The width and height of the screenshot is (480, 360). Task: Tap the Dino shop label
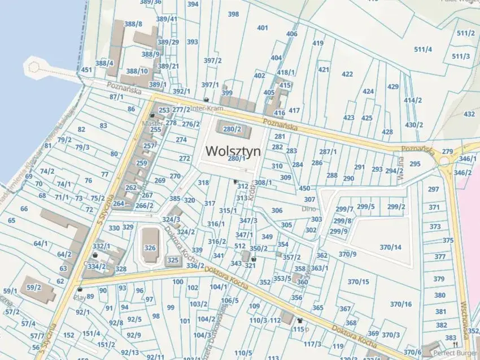click(308, 209)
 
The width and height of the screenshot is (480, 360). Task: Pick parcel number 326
click(150, 248)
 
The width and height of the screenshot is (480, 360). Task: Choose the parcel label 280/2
click(232, 129)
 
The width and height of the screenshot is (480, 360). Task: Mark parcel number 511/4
click(422, 49)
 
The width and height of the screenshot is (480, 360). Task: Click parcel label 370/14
click(390, 247)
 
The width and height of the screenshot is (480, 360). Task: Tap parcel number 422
click(347, 74)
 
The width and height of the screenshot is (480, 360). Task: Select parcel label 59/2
click(34, 287)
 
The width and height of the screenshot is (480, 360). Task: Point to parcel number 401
click(263, 28)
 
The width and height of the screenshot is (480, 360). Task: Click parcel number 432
click(469, 114)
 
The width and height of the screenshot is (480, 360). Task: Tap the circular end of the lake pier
click(34, 68)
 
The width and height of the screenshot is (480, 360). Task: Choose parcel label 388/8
click(133, 24)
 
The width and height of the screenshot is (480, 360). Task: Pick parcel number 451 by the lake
click(86, 70)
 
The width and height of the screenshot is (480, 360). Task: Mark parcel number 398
click(233, 14)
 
